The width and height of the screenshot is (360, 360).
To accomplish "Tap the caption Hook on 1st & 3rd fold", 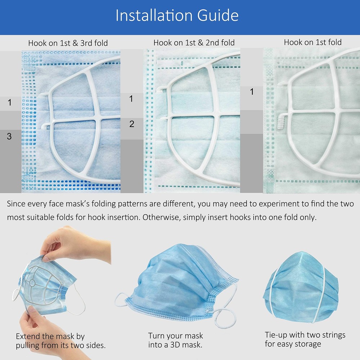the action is pyautogui.click(x=68, y=43).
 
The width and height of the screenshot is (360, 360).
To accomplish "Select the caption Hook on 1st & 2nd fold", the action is pyautogui.click(x=194, y=42).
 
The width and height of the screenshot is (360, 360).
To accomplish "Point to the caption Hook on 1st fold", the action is pyautogui.click(x=312, y=42).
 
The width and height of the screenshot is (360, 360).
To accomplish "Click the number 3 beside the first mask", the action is pyautogui.click(x=9, y=136).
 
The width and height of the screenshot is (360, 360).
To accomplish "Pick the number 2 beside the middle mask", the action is pyautogui.click(x=132, y=124).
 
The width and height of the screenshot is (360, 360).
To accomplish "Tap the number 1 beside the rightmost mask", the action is pyautogui.click(x=252, y=92).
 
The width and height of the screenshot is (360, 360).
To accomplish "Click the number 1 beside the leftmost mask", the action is pyautogui.click(x=9, y=103).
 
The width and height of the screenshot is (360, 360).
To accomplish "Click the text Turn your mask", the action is pyautogui.click(x=175, y=336).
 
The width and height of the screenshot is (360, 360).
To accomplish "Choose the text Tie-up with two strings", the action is pyautogui.click(x=305, y=335).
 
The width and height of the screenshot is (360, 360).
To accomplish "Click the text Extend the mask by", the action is pyautogui.click(x=50, y=337).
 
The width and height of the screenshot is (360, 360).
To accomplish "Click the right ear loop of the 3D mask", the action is pyautogui.click(x=230, y=306).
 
